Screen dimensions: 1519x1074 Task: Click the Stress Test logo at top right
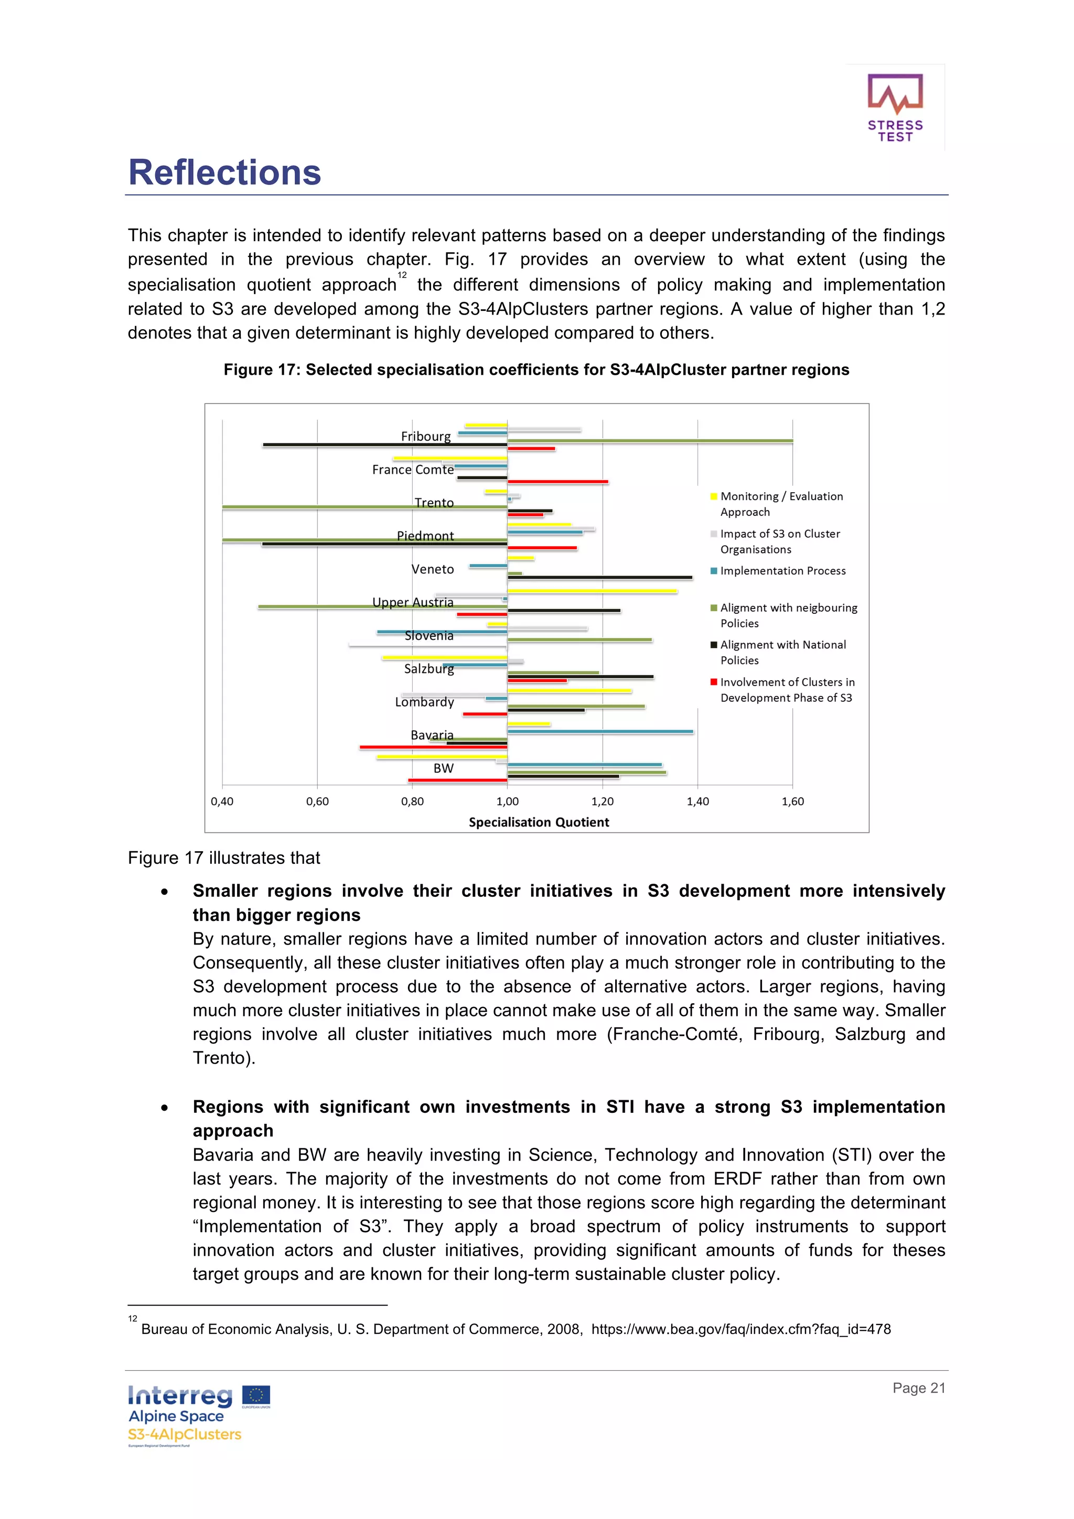(895, 107)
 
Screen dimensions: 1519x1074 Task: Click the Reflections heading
(224, 172)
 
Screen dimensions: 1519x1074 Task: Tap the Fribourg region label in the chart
(425, 436)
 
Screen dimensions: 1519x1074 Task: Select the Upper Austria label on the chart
(412, 602)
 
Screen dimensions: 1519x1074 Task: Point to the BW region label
(443, 768)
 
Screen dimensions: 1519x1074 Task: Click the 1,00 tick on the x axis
(507, 801)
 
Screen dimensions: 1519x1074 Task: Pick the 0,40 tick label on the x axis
(222, 801)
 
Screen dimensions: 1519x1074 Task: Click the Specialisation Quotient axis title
(539, 822)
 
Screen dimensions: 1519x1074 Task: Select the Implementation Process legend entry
(782, 570)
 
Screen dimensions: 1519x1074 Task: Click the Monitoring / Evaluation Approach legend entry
(781, 504)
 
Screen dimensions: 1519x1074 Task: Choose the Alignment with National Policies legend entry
(782, 653)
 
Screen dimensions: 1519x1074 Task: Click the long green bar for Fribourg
(650, 441)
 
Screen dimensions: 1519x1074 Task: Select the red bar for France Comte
(557, 482)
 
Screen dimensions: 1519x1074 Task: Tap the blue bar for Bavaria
(599, 732)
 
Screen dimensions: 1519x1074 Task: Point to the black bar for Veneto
(599, 578)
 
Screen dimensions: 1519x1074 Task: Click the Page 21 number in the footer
(918, 1388)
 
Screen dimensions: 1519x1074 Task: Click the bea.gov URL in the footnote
(740, 1329)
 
